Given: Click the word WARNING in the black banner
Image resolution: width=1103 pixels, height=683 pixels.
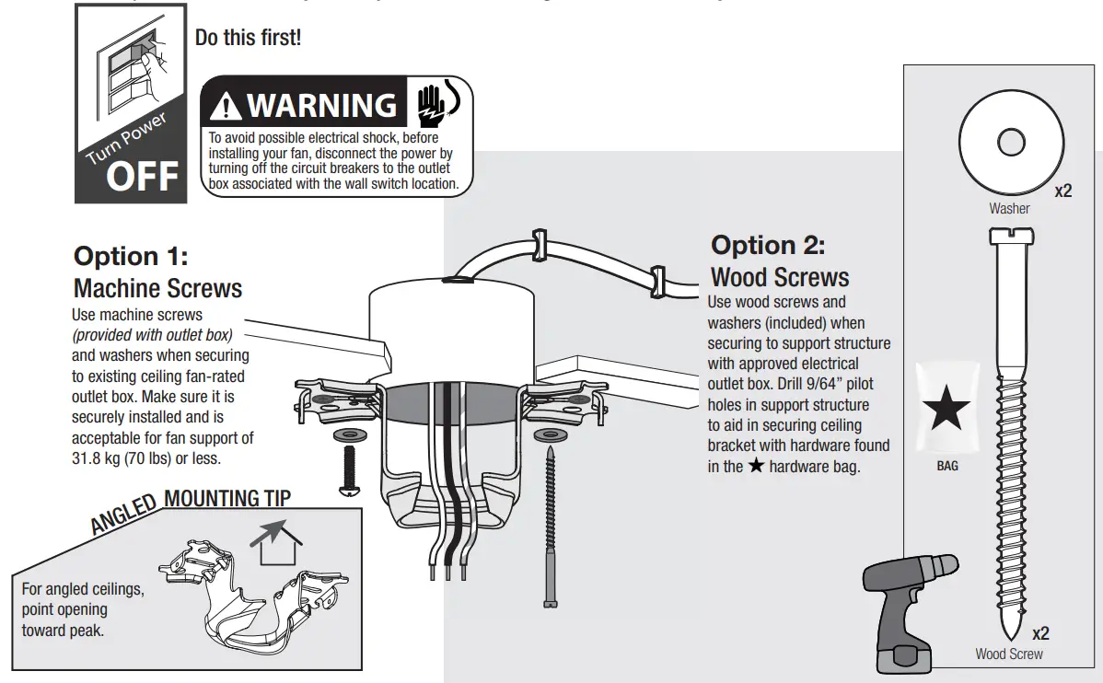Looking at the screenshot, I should click(321, 106).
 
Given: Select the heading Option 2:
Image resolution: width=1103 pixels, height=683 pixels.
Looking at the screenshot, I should click(768, 246).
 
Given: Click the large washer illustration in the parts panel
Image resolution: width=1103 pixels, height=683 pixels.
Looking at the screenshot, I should click(1010, 143).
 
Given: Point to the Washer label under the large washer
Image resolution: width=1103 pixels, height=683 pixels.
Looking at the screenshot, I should click(1009, 208).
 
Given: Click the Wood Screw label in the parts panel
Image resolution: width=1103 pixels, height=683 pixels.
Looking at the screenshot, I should click(1009, 654).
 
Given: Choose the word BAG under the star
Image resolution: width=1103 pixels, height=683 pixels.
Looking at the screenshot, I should click(947, 466).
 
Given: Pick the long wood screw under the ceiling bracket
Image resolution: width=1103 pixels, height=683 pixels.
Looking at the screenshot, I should click(550, 525).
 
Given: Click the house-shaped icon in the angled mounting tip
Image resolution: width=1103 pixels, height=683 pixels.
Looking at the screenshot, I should click(278, 544).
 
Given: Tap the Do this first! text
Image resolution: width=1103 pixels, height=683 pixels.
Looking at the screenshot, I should click(248, 39).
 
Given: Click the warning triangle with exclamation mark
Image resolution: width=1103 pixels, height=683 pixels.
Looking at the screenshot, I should click(225, 108).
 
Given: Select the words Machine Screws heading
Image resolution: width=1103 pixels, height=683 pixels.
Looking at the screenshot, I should click(157, 288).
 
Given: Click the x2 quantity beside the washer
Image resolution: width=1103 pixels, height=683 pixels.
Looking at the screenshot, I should click(1063, 191).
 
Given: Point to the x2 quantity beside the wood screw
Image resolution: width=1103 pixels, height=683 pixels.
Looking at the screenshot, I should click(1040, 633).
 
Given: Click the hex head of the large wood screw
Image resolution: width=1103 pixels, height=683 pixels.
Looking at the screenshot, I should click(1009, 237).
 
